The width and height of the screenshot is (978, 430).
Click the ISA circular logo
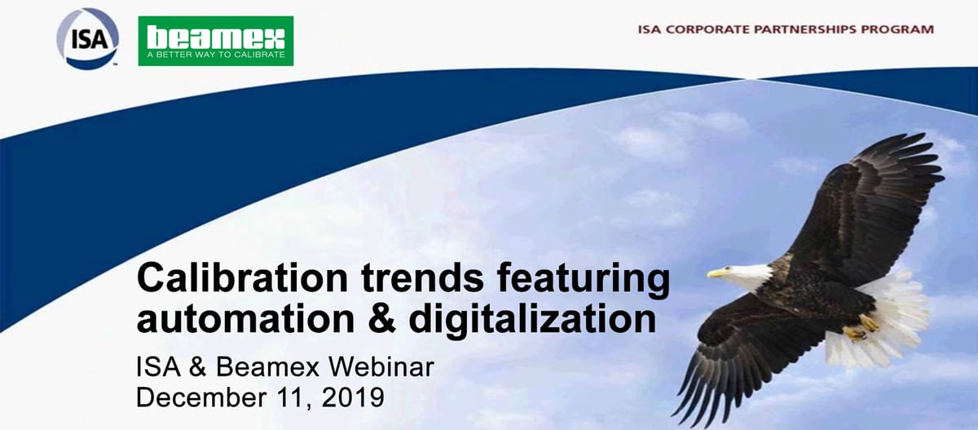pyautogui.click(x=87, y=38)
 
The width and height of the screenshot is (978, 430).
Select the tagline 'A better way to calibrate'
pyautogui.click(x=215, y=55)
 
